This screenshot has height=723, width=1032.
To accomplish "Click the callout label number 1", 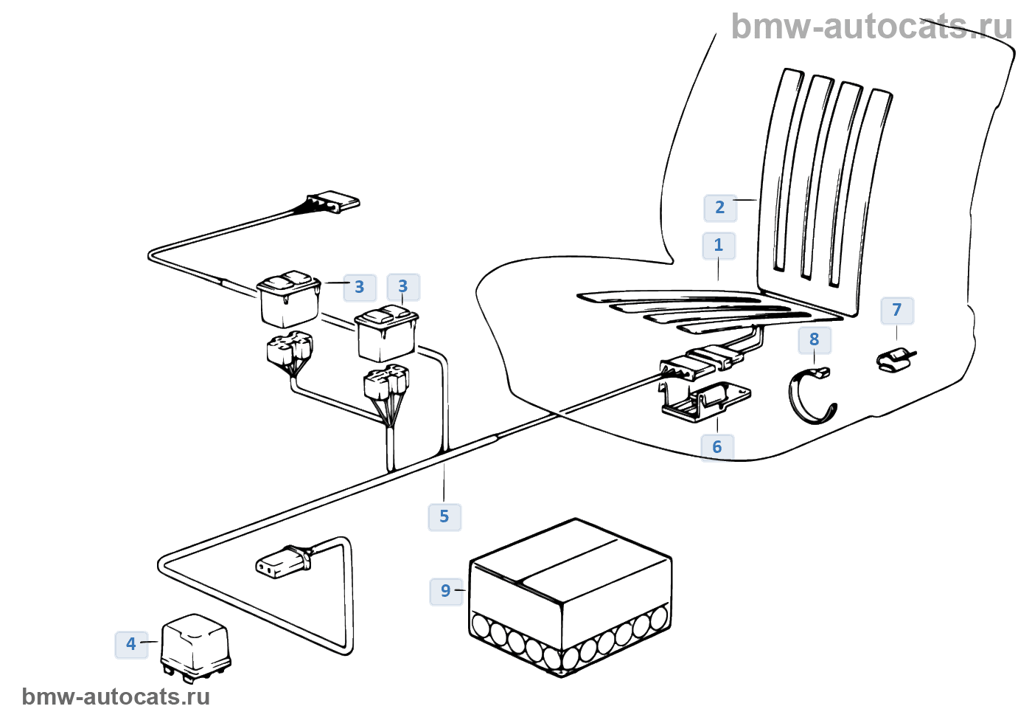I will (x=719, y=246).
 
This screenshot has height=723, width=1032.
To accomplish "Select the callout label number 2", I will (x=720, y=208).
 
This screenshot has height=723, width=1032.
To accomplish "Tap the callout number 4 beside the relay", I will (x=131, y=644).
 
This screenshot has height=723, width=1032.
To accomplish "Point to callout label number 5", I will (x=444, y=516).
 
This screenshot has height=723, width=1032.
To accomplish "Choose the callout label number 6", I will (x=717, y=447).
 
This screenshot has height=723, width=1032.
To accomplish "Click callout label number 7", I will (x=897, y=311).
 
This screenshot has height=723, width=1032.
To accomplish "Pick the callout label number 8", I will (x=815, y=340).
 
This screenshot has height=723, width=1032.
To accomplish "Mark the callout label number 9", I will (x=446, y=591).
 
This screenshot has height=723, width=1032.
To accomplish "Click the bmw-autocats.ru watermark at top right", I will (x=871, y=27).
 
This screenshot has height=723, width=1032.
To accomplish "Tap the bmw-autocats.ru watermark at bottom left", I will (x=116, y=697).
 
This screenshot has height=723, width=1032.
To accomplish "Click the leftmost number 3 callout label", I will (x=359, y=287).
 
